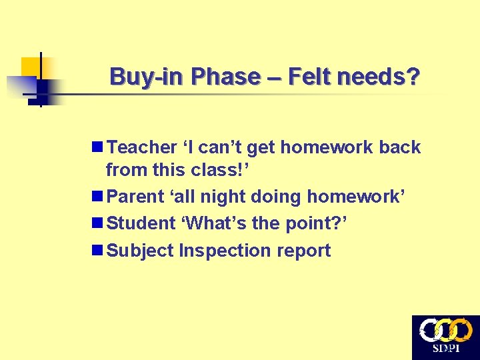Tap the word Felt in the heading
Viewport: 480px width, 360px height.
tap(309, 77)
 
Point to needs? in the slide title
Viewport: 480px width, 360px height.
tap(379, 77)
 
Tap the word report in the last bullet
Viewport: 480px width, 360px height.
tap(303, 251)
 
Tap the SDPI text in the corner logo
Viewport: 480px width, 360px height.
tap(445, 349)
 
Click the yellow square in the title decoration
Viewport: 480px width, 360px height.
tap(31, 67)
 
